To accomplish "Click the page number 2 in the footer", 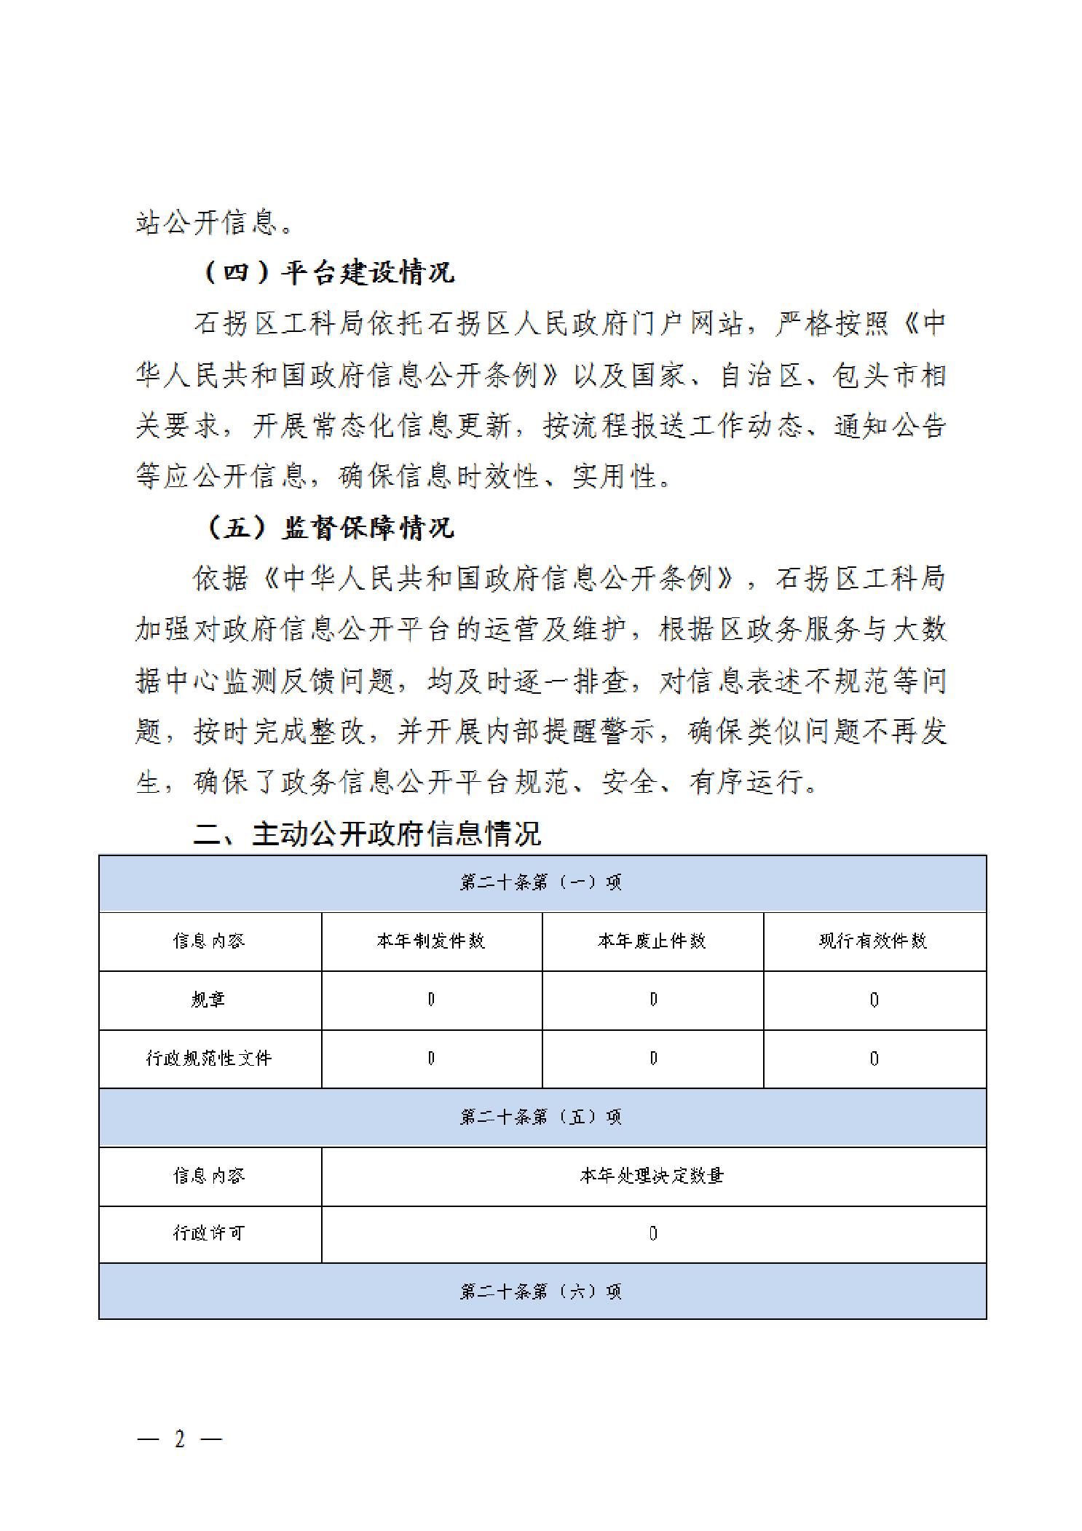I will tap(179, 1439).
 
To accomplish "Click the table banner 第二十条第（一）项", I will tap(542, 882).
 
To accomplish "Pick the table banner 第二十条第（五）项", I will tap(542, 1117).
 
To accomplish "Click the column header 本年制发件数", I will tap(431, 941).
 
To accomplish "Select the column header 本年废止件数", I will tap(652, 941).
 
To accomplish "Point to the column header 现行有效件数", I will tap(874, 941).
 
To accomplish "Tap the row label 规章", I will tap(209, 1000).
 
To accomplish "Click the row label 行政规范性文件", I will tap(209, 1058).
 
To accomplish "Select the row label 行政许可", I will tap(209, 1233).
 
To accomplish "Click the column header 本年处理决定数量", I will tap(652, 1175).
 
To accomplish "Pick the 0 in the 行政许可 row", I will tap(653, 1233).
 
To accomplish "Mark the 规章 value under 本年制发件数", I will tap(431, 1000).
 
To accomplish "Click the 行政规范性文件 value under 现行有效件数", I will tap(874, 1059).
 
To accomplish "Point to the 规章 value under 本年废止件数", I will tap(653, 1000).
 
